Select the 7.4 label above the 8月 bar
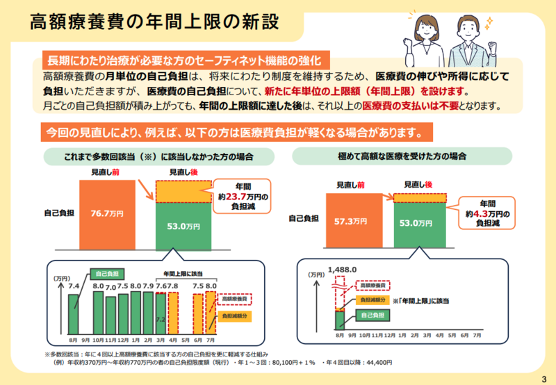(74, 286)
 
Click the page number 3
(543, 378)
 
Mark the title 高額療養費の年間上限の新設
(154, 21)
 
